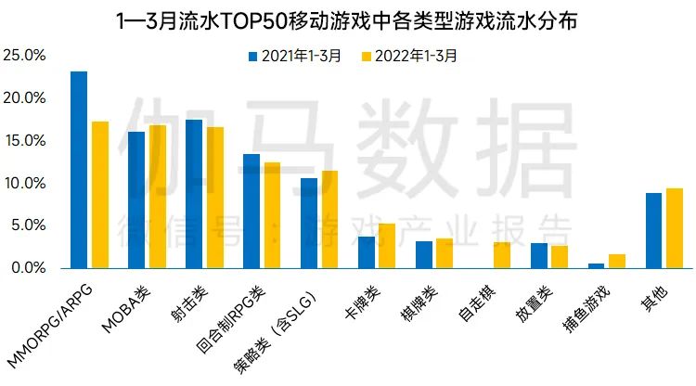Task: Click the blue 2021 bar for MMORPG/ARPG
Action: tap(79, 170)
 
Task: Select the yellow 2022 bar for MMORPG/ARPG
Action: tap(99, 195)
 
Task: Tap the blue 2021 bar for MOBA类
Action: tap(136, 199)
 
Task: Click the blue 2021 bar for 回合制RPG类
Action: tap(251, 211)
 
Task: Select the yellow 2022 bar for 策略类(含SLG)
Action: tap(329, 219)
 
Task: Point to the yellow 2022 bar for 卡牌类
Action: tap(387, 246)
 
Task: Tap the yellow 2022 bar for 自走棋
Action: tap(502, 255)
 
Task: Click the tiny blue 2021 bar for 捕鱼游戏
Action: tap(597, 265)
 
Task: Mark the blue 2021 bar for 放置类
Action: tap(539, 255)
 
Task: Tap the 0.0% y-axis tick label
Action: tap(28, 268)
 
